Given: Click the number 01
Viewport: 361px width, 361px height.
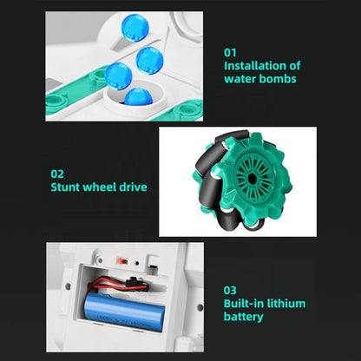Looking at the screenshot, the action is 230,53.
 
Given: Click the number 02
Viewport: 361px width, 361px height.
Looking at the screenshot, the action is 57,174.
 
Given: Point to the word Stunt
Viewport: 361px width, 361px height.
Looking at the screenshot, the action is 65,187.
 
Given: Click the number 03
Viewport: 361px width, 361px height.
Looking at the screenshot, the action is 230,291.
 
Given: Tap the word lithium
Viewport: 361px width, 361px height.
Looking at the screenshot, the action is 286,304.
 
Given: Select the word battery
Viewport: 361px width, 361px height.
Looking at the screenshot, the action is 244,317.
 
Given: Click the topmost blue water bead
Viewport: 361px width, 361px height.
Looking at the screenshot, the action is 135,28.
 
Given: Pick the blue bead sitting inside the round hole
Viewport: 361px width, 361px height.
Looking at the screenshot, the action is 139,96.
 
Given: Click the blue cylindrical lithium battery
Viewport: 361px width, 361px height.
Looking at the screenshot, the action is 125,313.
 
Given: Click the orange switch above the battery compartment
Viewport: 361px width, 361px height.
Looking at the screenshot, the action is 121,260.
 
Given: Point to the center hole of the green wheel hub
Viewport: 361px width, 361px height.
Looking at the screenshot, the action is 253,177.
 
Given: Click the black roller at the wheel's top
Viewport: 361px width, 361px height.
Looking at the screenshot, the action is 232,136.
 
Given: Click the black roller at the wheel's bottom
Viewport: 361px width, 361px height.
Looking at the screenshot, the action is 229,220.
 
